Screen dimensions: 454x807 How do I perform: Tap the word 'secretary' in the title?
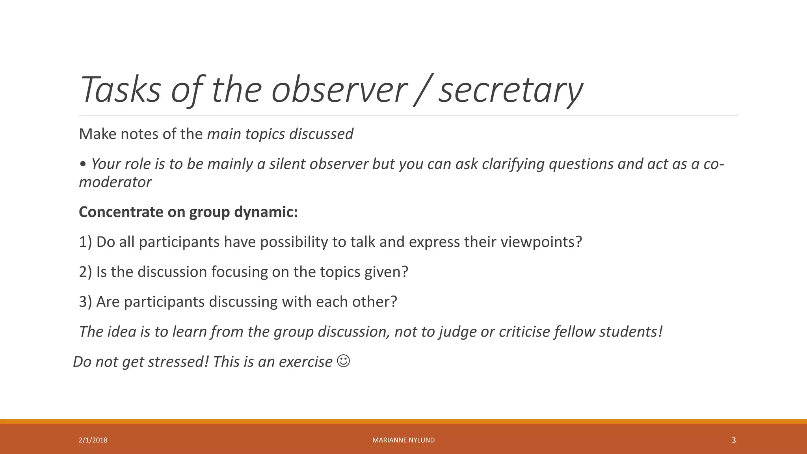click(511, 90)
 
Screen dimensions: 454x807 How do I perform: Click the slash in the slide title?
click(423, 90)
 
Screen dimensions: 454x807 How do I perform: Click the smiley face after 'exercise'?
click(344, 361)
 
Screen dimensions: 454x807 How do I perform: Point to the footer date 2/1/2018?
click(93, 440)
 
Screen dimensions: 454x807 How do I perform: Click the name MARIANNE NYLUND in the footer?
click(403, 440)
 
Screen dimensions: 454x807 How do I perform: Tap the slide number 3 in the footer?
click(734, 440)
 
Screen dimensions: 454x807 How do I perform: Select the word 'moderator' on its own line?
click(115, 182)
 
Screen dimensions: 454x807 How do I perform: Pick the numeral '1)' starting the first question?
click(86, 242)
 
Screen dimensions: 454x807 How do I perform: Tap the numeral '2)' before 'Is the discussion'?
click(86, 272)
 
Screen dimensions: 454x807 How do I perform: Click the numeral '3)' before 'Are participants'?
click(86, 302)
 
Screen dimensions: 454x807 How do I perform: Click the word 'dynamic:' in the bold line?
click(266, 212)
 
